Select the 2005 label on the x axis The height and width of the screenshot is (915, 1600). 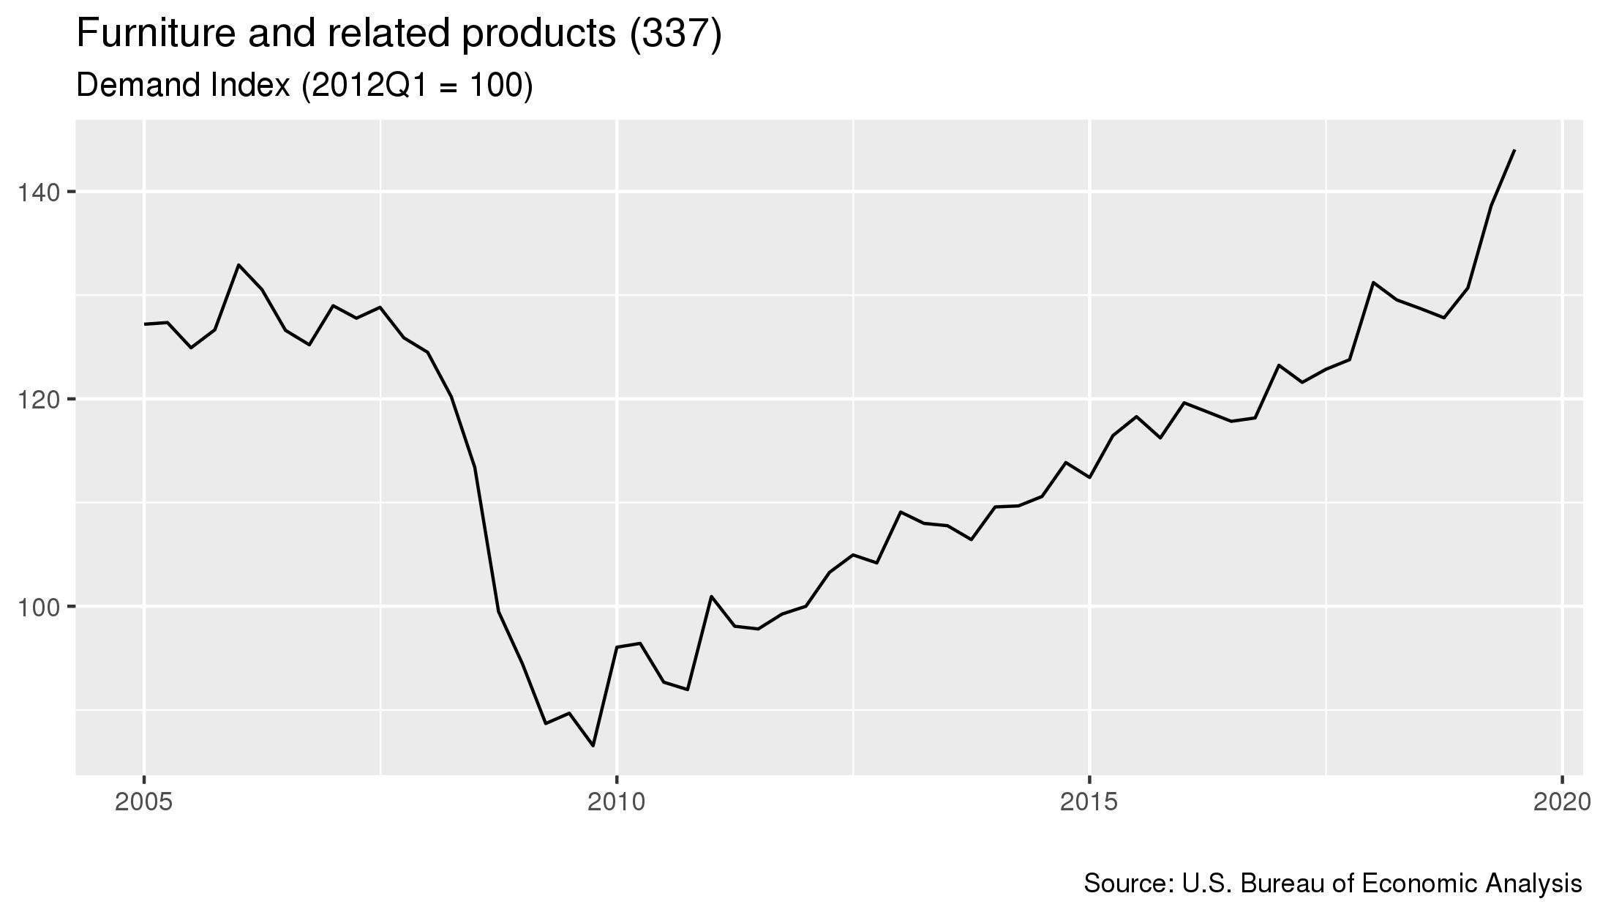pyautogui.click(x=144, y=802)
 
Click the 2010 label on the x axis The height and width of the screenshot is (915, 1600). pyautogui.click(x=617, y=802)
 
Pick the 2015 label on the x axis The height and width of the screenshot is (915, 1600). pyautogui.click(x=1090, y=802)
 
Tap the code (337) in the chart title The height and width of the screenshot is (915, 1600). pyautogui.click(x=676, y=35)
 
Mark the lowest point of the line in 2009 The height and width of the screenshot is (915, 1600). pyautogui.click(x=593, y=746)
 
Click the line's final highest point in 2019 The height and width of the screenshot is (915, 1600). pyautogui.click(x=1514, y=150)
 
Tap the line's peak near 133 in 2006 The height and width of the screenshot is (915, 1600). pyautogui.click(x=239, y=264)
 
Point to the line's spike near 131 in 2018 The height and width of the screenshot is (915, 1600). pyautogui.click(x=1373, y=282)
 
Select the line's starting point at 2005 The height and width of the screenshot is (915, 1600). pyautogui.click(x=144, y=324)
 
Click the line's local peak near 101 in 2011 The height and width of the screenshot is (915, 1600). pyautogui.click(x=711, y=596)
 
